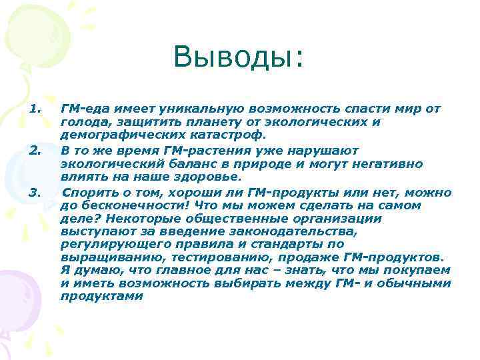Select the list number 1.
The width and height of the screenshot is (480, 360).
(x=36, y=108)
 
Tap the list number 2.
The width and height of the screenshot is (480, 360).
(x=36, y=151)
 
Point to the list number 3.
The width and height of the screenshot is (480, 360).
(x=36, y=193)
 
